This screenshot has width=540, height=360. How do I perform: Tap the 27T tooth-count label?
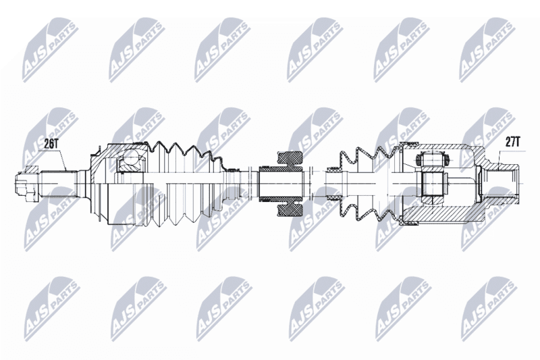tap(513, 142)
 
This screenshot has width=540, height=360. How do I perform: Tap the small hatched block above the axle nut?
tap(31, 169)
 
